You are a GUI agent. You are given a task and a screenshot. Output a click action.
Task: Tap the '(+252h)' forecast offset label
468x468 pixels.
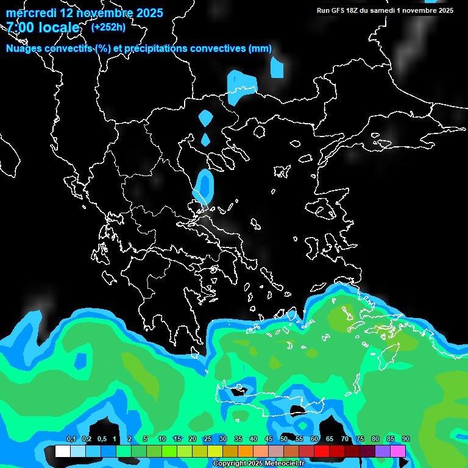tap(108, 27)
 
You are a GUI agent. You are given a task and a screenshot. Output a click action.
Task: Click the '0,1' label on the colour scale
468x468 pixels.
tap(71, 439)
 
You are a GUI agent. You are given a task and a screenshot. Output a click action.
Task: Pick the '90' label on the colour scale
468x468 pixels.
tap(405, 439)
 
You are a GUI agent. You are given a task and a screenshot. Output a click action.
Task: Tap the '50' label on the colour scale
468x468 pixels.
tap(284, 439)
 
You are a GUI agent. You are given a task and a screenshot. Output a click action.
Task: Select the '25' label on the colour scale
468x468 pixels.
tap(208, 439)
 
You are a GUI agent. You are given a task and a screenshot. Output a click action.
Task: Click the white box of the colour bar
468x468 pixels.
tap(62, 451)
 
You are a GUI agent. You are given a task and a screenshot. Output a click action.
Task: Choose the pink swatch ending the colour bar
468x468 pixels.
tap(398, 451)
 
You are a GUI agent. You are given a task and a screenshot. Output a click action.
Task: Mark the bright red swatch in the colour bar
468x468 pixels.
tap(322, 451)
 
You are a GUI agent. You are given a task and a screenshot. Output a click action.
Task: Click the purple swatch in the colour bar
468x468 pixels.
tap(383, 451)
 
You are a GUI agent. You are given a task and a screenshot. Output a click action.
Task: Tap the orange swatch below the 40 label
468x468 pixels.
tap(246, 451)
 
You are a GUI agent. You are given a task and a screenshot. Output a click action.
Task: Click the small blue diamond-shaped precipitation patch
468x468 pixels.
tap(205, 140)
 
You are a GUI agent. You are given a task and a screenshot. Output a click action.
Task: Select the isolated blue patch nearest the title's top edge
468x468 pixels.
tap(277, 68)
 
